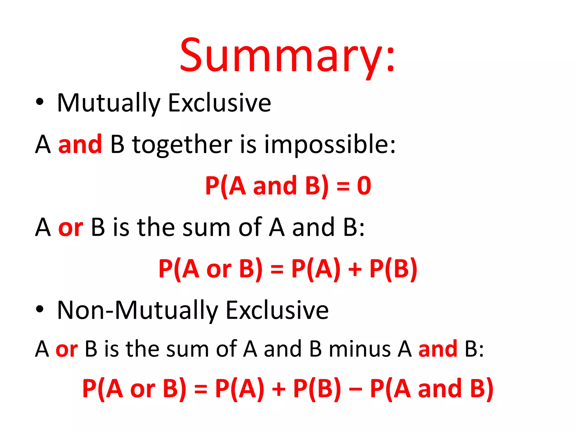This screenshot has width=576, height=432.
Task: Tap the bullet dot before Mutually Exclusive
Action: tap(40, 102)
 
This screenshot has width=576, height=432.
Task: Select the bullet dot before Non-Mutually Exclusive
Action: tap(40, 309)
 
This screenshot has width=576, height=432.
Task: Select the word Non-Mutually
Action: tap(138, 310)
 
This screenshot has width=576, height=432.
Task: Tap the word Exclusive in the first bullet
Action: tap(220, 103)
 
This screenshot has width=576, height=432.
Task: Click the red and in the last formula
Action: tap(440, 389)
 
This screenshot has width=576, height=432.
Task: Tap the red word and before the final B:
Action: tap(438, 349)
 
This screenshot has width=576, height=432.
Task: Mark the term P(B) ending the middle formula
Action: tap(393, 269)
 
